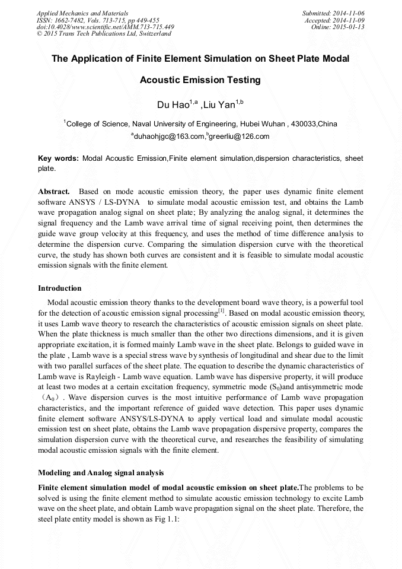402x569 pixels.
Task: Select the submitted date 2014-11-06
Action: pyautogui.click(x=350, y=13)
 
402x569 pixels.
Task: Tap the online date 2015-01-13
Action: pyautogui.click(x=350, y=27)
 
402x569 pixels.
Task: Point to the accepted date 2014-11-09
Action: pyautogui.click(x=350, y=20)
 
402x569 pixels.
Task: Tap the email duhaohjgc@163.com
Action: pyautogui.click(x=169, y=136)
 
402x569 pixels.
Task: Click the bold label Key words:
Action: pyautogui.click(x=58, y=159)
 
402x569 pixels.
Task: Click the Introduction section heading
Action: pyautogui.click(x=60, y=288)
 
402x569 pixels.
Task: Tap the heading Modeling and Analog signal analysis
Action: pyautogui.click(x=101, y=473)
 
